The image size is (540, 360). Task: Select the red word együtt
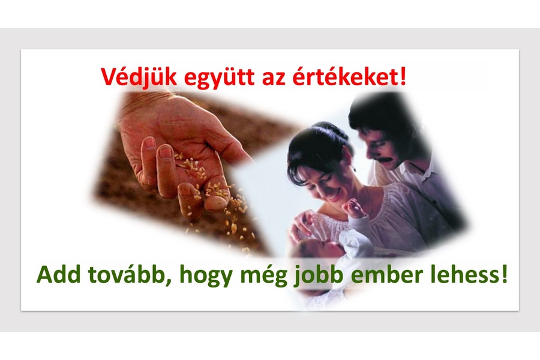point(220,78)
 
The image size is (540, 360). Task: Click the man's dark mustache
point(390,159)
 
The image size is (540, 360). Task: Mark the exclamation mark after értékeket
point(401,76)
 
